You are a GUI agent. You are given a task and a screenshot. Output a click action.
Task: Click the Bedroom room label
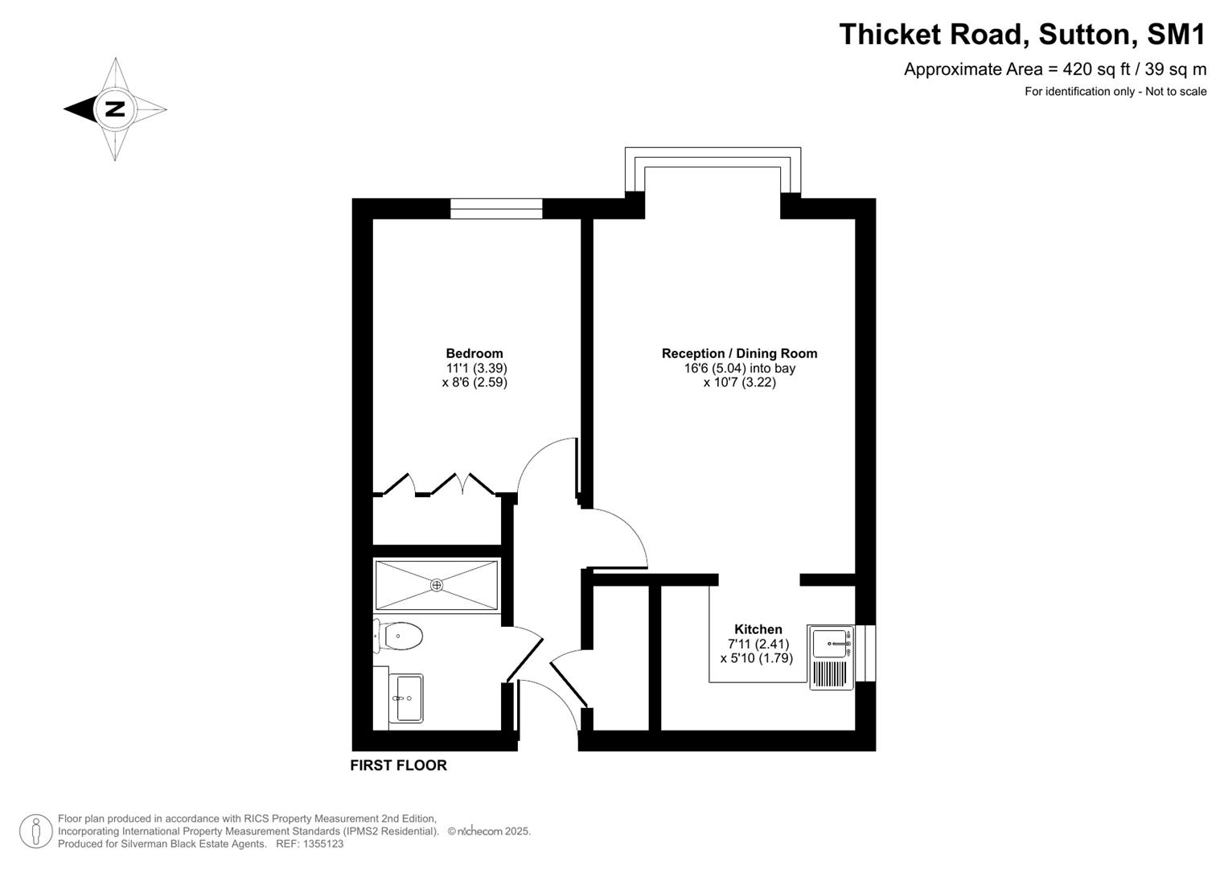point(474,353)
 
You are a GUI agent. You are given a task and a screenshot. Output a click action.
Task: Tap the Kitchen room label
point(758,629)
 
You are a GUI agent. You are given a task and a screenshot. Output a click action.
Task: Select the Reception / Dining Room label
point(739,353)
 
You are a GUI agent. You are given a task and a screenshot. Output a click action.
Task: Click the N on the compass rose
point(115,109)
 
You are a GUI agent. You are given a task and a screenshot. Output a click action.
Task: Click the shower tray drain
point(437,585)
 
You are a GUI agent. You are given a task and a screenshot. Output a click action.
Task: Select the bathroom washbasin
point(408,698)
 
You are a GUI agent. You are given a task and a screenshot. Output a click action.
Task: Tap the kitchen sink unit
point(832,658)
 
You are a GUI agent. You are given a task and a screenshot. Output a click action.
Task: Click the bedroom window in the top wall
point(496,208)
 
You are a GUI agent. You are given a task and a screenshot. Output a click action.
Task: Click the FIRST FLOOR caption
point(398,765)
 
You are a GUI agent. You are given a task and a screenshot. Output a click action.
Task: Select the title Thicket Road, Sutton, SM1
point(1022,35)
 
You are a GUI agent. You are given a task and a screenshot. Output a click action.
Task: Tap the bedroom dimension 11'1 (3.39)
point(476,368)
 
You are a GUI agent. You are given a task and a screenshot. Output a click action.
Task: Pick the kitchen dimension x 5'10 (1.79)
point(756,658)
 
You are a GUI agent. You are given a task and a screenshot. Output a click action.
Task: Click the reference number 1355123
point(321,844)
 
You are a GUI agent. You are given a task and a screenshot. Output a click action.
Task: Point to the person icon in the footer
point(36,831)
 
